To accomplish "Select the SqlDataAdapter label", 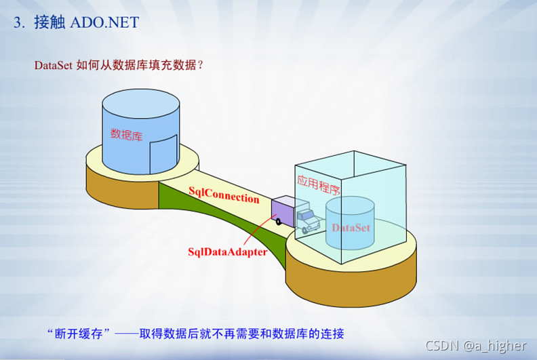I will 227,251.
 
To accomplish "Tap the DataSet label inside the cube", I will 351,228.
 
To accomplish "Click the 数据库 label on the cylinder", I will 126,134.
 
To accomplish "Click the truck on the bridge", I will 297,214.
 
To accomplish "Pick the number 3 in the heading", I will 18,22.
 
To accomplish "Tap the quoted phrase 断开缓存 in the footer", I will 79,334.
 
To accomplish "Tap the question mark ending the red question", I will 200,66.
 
